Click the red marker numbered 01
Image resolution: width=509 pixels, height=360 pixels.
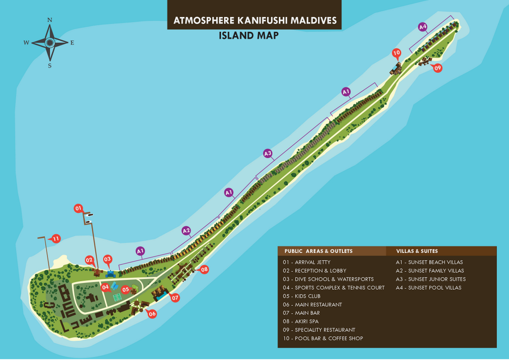point(78,208)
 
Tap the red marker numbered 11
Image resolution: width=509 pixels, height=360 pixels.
point(56,239)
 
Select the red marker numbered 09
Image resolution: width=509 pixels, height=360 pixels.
point(437,68)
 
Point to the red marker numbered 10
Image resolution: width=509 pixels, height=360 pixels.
point(396,53)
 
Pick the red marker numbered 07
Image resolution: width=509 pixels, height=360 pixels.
point(175,298)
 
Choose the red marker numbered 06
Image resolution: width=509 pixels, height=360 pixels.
point(152,314)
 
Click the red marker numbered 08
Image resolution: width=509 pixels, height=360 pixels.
point(204,270)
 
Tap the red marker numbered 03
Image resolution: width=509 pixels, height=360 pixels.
point(107,260)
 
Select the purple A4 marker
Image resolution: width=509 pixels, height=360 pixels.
point(423,27)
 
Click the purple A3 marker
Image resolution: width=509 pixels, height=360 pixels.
point(267,153)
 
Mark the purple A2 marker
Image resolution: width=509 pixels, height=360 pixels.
point(186,231)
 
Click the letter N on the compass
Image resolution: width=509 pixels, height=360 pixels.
point(50,20)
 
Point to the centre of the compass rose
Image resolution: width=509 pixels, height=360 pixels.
point(50,42)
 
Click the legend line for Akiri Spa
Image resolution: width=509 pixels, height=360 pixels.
point(301,321)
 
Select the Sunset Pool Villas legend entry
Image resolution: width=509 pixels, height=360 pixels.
point(428,287)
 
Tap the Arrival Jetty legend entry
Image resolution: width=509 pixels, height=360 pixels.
point(307,262)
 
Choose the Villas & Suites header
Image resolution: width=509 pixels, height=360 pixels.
point(417,251)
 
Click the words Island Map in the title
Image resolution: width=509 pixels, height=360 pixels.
point(249,35)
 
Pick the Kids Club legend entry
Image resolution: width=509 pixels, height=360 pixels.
point(302,296)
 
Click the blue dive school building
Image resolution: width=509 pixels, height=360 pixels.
point(110,274)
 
